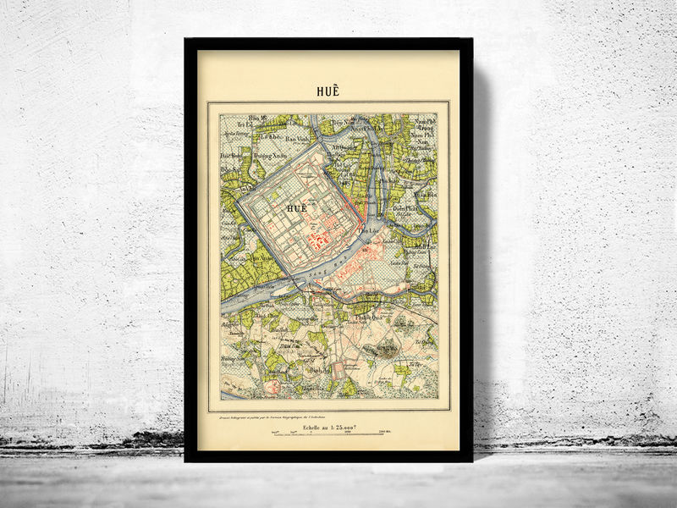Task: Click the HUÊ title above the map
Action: click(x=328, y=91)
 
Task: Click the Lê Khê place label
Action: click(x=269, y=136)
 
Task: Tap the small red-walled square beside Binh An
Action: click(x=338, y=370)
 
